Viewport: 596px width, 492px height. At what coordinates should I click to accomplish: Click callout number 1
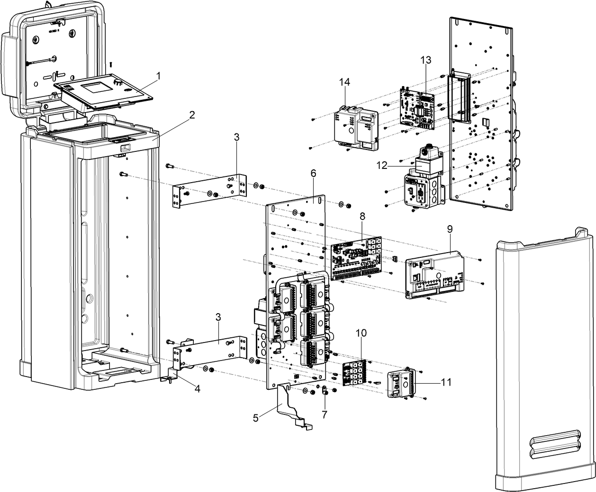159,75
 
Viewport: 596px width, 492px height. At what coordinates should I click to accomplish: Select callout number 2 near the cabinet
192,114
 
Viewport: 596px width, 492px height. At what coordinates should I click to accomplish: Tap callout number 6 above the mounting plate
313,173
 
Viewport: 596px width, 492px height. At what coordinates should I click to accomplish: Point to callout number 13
425,60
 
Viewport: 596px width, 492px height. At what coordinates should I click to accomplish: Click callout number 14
344,82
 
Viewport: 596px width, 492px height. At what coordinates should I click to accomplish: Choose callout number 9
450,228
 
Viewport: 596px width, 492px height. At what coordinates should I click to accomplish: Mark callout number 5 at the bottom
255,418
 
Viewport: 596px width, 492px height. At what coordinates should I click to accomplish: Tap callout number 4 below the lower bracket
197,389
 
